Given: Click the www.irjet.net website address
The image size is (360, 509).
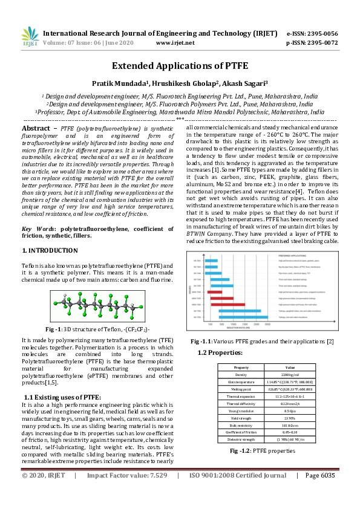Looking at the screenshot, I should coord(175,43).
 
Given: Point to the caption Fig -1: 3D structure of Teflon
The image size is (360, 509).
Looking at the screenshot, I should coord(97,328).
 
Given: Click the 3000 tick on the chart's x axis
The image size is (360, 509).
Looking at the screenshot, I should coord(267,325).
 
